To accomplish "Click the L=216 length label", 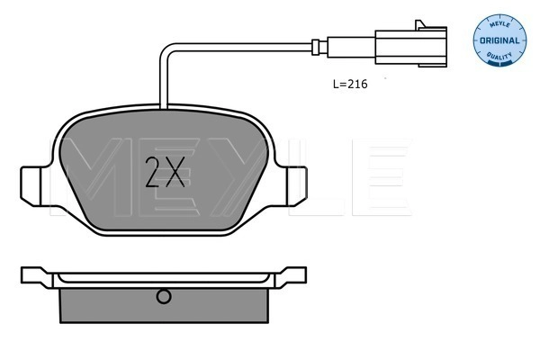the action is [350, 84].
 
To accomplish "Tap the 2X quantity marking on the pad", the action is [166, 172].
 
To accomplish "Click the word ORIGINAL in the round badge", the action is [499, 40].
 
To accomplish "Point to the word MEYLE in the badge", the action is [499, 24].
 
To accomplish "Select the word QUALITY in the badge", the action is [499, 56].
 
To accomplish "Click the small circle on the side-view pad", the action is [164, 296].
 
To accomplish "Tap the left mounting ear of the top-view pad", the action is [31, 186].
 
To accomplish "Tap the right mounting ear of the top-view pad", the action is [296, 186].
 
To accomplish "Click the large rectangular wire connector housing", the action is [411, 47].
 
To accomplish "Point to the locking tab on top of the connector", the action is [420, 25].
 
